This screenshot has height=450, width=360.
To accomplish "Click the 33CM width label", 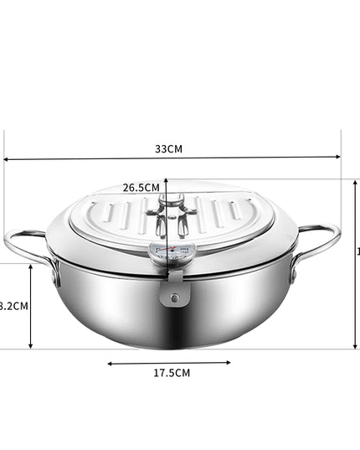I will point(168,148).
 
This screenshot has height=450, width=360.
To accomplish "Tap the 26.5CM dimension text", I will point(141,188).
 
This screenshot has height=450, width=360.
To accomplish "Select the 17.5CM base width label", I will point(171,372).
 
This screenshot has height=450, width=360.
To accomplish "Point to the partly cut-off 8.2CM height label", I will point(13,306).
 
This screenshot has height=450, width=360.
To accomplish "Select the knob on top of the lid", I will point(172,204).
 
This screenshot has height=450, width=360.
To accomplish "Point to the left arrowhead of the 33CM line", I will point(7,158).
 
